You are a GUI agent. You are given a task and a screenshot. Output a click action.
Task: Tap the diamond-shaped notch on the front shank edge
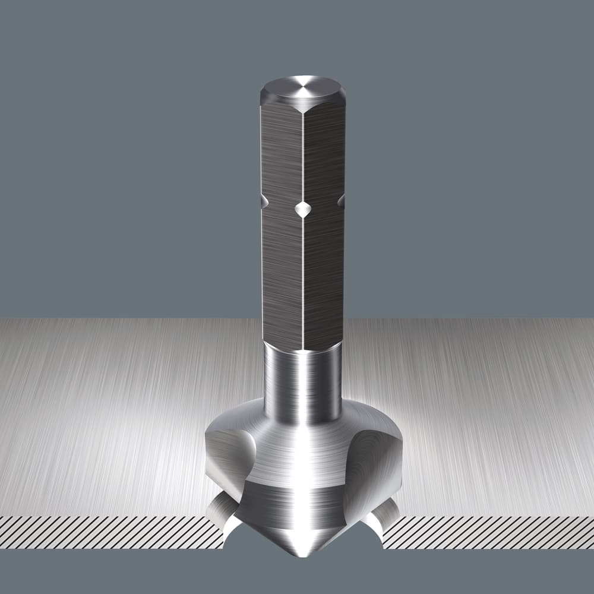pos(303,208)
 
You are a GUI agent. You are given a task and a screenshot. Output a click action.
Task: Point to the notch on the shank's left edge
pos(264,203)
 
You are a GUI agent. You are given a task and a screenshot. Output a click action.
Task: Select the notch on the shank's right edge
pos(341,201)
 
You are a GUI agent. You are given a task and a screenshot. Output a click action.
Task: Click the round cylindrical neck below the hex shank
pos(302,380)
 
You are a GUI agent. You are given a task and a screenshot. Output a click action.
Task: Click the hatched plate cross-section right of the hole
pos(487,532)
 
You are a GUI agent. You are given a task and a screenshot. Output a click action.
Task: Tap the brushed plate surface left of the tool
pos(107,416)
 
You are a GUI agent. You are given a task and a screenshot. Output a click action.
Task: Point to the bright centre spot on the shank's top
pos(303,88)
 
